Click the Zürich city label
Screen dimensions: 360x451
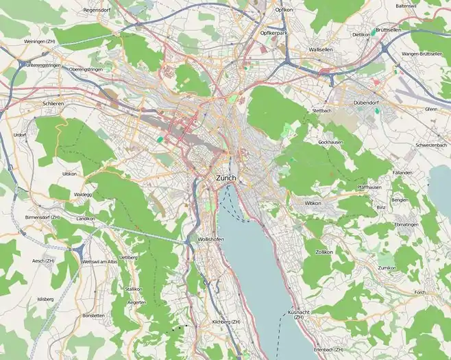[225, 178]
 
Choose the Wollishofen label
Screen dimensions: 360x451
[210, 239]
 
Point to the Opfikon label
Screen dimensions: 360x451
[284, 10]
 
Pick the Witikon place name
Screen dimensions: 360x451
[313, 204]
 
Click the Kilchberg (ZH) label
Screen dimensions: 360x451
[227, 322]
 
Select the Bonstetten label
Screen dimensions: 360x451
[93, 315]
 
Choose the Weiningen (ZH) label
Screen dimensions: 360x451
[40, 40]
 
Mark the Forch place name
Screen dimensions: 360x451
[420, 292]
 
